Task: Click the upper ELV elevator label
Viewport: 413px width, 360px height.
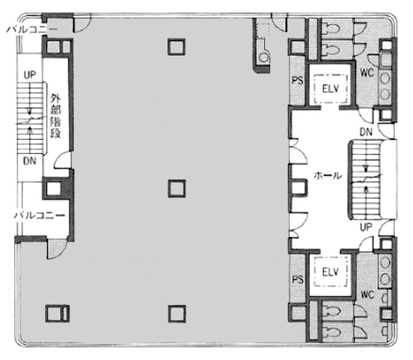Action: click(331, 89)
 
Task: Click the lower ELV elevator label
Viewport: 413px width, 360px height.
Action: click(331, 272)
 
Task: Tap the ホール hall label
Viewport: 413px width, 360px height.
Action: click(327, 175)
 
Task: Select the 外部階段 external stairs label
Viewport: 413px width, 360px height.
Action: click(56, 116)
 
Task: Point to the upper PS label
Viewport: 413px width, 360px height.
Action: click(298, 80)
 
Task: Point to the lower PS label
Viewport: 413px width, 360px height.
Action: click(298, 279)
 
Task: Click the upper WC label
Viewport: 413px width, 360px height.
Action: click(367, 72)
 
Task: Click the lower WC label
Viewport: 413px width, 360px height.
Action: click(367, 294)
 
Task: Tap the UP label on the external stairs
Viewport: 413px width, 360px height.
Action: click(30, 75)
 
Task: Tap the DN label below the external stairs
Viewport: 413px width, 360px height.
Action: click(29, 161)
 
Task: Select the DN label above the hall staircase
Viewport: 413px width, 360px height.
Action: click(366, 132)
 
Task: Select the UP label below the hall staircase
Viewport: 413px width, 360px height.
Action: click(366, 227)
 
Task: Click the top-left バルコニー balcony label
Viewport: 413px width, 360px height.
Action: click(31, 29)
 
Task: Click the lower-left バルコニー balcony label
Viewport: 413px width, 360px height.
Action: click(39, 215)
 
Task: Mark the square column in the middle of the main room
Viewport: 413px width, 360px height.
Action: click(177, 188)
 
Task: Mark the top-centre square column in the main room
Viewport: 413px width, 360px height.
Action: click(176, 47)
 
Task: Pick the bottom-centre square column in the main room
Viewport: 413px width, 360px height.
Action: click(177, 314)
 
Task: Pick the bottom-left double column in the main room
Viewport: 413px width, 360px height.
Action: click(57, 313)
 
